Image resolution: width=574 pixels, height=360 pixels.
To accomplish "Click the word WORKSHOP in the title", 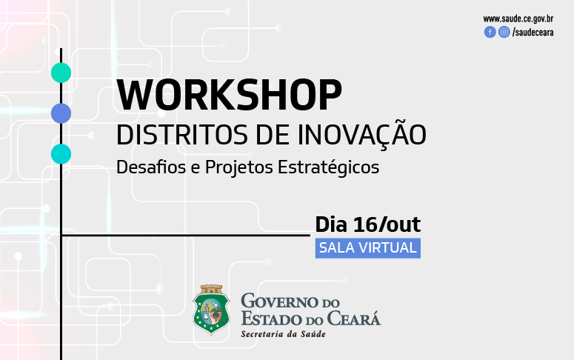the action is click(x=229, y=95).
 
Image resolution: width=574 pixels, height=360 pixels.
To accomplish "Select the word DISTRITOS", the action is click(x=182, y=135).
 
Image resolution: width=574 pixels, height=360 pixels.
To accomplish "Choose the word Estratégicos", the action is click(x=328, y=167).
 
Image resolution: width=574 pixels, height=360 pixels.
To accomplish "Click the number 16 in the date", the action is click(x=365, y=224).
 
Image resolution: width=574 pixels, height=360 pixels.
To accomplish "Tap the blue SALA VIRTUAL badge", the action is click(x=368, y=248).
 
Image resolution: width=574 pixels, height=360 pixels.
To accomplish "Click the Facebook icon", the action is click(x=490, y=33).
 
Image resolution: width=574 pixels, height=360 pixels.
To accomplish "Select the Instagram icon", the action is click(x=504, y=33).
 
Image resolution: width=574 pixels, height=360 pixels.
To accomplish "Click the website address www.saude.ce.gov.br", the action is click(x=518, y=19).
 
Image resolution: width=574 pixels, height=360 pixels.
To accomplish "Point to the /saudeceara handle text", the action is click(x=533, y=33).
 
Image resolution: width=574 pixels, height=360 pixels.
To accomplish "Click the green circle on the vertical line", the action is click(x=61, y=73).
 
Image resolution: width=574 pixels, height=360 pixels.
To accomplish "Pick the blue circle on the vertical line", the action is click(x=61, y=113).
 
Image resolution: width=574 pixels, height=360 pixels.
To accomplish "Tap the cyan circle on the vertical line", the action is click(x=61, y=154).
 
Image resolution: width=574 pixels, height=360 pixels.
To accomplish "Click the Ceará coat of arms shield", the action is click(x=211, y=310).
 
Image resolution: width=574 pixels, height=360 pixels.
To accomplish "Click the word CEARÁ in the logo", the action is click(x=353, y=318).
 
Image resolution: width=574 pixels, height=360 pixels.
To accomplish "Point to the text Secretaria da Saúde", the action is click(x=284, y=334).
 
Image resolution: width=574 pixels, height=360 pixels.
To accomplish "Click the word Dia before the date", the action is click(x=331, y=224).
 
